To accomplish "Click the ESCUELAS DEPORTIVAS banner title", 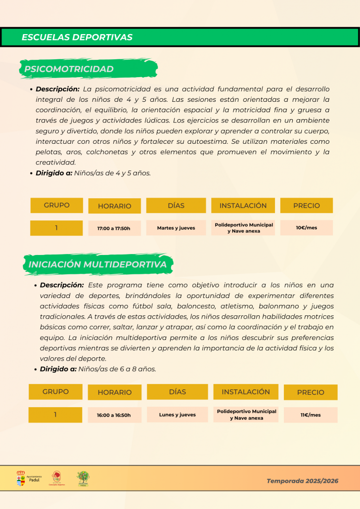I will [77, 37].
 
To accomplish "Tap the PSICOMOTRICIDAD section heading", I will [69, 69].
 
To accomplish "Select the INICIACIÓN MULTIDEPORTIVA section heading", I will [97, 264].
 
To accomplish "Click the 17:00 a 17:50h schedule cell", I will [114, 228].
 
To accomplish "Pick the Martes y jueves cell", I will [176, 228].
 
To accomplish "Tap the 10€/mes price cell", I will [307, 228].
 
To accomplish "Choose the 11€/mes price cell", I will [311, 415].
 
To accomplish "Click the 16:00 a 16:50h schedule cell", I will [114, 415].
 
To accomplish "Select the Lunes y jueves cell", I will [178, 415].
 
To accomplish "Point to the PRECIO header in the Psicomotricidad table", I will [307, 206].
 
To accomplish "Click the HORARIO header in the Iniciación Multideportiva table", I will [115, 392].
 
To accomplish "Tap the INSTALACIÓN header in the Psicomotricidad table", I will [243, 206].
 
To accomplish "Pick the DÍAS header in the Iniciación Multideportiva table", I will [178, 392].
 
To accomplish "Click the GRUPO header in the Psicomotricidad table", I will [57, 205].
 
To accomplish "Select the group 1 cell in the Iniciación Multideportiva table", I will [55, 415].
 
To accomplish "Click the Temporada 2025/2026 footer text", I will [303, 481].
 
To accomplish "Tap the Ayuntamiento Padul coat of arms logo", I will [21, 478].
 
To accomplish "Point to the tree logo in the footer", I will [83, 478].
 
